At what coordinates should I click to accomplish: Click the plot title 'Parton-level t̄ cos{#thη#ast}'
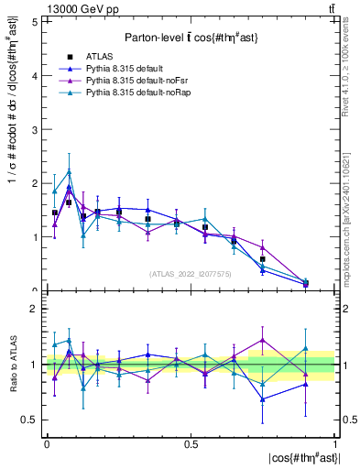[191, 36]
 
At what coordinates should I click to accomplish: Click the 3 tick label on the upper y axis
[34, 129]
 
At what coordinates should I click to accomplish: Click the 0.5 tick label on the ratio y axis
[30, 420]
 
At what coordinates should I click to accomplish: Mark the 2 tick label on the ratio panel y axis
[34, 310]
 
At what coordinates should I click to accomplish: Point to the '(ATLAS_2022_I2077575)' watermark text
[191, 273]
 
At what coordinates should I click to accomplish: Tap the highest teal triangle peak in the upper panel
[69, 171]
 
